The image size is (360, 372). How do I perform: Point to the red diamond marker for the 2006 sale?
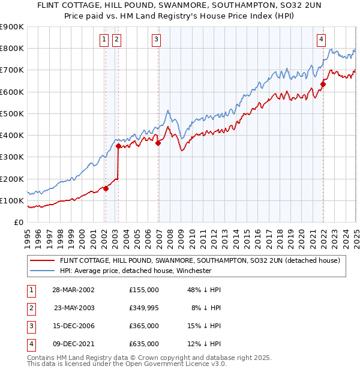158,143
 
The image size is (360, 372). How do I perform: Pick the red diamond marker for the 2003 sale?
118,146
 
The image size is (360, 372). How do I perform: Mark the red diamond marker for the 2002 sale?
106,188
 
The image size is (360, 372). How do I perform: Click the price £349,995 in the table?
144,308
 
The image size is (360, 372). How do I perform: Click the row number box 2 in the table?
31,308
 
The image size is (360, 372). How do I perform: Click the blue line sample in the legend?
42,271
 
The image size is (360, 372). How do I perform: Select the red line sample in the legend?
42,260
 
